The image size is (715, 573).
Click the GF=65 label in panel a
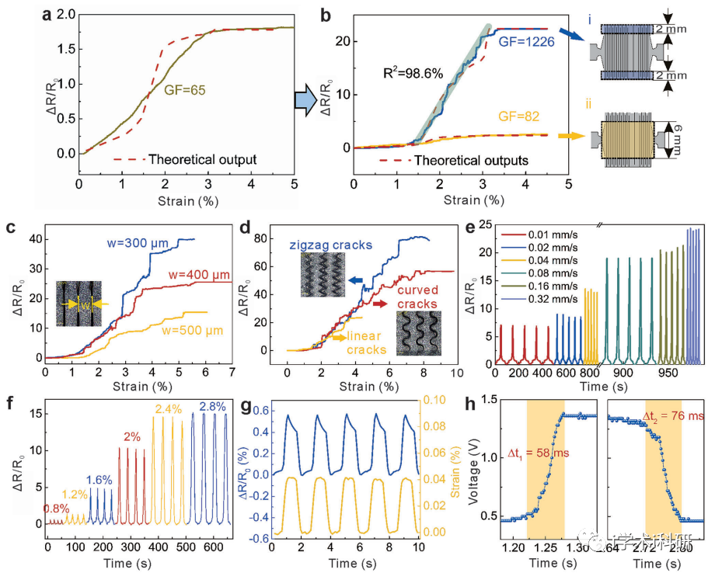click(185, 90)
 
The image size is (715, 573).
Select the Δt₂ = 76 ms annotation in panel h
click(673, 416)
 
